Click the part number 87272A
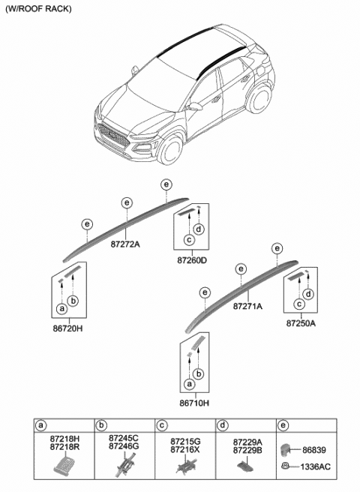[x=125, y=244]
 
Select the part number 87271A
[x=247, y=306]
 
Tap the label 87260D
[x=192, y=260]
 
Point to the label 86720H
[x=67, y=328]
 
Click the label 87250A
[x=301, y=323]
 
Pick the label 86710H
[x=194, y=403]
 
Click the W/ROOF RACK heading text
[x=38, y=9]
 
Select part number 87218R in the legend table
[x=64, y=446]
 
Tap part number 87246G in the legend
[x=124, y=445]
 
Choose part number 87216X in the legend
[x=185, y=449]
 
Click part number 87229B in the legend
[x=247, y=450]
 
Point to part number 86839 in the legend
[x=314, y=450]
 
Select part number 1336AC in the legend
[x=316, y=467]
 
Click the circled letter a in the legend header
[x=40, y=425]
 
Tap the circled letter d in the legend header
[x=223, y=425]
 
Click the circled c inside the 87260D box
[x=189, y=240]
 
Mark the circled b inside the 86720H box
[x=73, y=301]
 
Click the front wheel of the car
[x=169, y=148]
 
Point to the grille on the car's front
[x=113, y=136]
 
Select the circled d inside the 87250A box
[x=309, y=294]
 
